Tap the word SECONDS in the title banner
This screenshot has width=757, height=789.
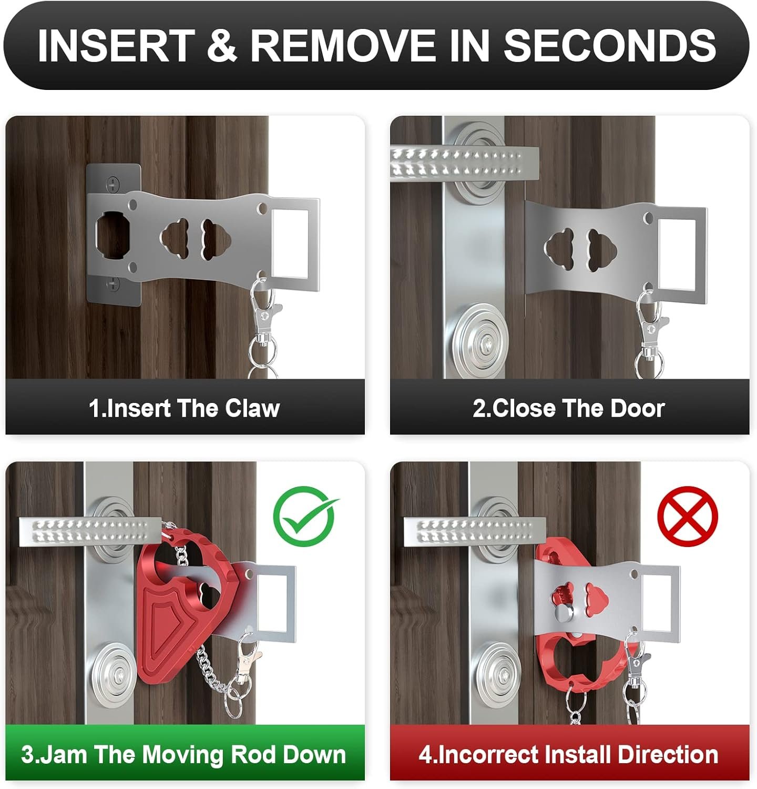(610, 45)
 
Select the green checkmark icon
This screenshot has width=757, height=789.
(305, 515)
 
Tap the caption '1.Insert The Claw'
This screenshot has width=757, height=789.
(184, 408)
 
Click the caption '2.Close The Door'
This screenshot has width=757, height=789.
(569, 408)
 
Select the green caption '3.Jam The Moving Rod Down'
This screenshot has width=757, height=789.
(184, 754)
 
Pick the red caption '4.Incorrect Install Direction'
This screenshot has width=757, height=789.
(569, 754)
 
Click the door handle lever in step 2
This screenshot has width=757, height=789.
(465, 161)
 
